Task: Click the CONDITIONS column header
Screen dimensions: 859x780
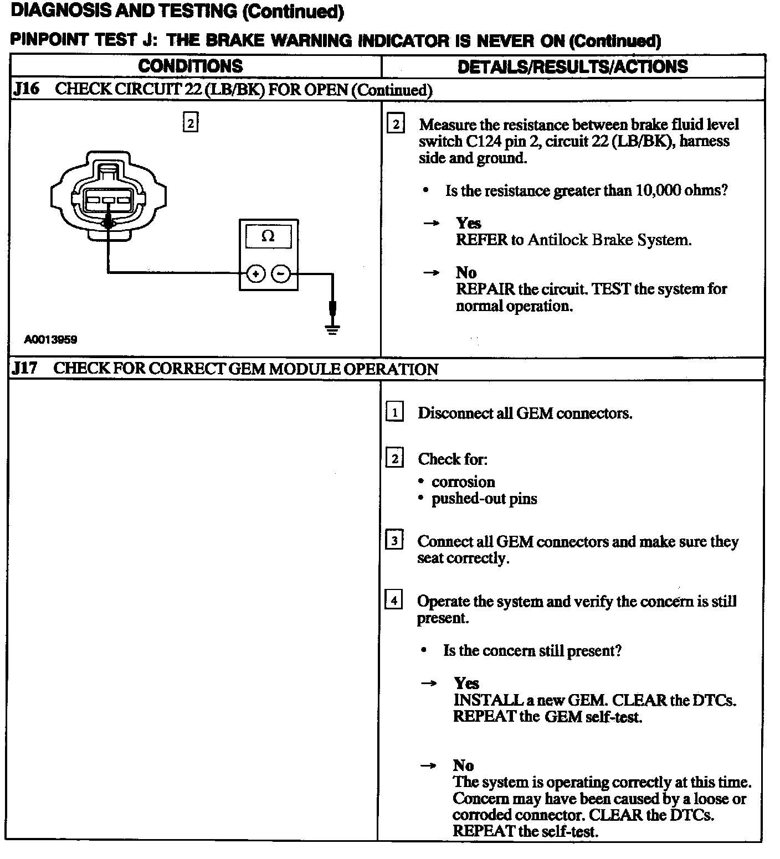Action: (x=191, y=66)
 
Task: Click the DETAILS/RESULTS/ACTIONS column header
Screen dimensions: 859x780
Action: (x=572, y=67)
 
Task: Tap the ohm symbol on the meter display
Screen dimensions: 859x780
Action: (x=268, y=236)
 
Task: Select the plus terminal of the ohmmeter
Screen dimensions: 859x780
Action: (x=255, y=273)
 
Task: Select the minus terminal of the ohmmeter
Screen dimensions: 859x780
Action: (x=281, y=273)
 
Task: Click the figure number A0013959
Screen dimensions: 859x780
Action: (x=50, y=340)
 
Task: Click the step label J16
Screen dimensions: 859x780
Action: (x=26, y=89)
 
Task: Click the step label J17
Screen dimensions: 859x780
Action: (x=25, y=369)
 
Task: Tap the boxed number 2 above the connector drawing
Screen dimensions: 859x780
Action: (x=191, y=123)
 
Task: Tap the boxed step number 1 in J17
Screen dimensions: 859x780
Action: (x=394, y=412)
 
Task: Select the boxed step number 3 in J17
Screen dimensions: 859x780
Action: (x=394, y=541)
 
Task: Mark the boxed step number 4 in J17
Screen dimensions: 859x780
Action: (x=394, y=601)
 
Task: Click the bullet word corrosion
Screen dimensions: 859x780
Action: (x=463, y=482)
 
